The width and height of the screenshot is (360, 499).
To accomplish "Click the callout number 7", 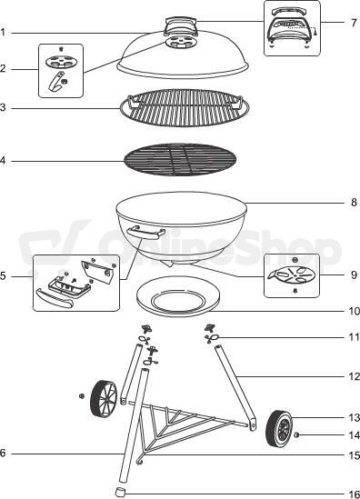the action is pos(354,23).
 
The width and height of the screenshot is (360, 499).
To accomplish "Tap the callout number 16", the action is pos(354,494).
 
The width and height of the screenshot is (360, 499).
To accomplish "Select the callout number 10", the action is pos(354,311).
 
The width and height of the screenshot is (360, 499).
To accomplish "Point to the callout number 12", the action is pos(354,376).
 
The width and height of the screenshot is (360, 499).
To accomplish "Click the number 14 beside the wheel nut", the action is pos(354,434).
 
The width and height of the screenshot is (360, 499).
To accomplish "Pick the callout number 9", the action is pos(354,274).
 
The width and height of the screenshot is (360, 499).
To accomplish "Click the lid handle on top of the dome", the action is pos(180,26).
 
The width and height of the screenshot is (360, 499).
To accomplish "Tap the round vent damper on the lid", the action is pos(180,43).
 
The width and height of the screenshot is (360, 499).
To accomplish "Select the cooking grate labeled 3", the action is pos(185,107).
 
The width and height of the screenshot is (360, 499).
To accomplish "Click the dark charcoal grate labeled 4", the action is pos(180,159).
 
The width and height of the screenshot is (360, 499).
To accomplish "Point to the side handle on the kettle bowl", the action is pos(145,233).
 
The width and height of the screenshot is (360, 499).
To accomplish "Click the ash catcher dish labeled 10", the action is pos(178,296).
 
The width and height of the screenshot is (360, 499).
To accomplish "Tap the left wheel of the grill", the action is pos(104,398).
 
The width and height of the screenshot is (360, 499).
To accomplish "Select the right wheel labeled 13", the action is pos(279,428).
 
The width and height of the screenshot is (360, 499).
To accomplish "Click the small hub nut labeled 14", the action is pos(296,435).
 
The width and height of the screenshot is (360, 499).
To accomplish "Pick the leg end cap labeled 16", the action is pos(120,492).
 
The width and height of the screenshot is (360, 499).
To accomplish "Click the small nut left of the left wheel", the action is pos(82,396).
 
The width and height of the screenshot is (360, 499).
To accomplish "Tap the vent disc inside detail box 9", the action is pos(292,274).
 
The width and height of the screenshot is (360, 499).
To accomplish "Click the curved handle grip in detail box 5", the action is pos(55,298).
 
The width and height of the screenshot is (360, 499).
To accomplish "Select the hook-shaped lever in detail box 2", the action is pos(56,81).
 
